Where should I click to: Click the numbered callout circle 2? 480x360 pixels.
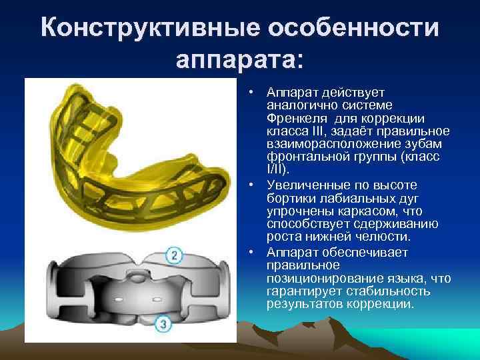[x=174, y=256]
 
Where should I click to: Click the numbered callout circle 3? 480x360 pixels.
[x=163, y=324]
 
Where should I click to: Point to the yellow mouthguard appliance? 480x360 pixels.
[x=127, y=160]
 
